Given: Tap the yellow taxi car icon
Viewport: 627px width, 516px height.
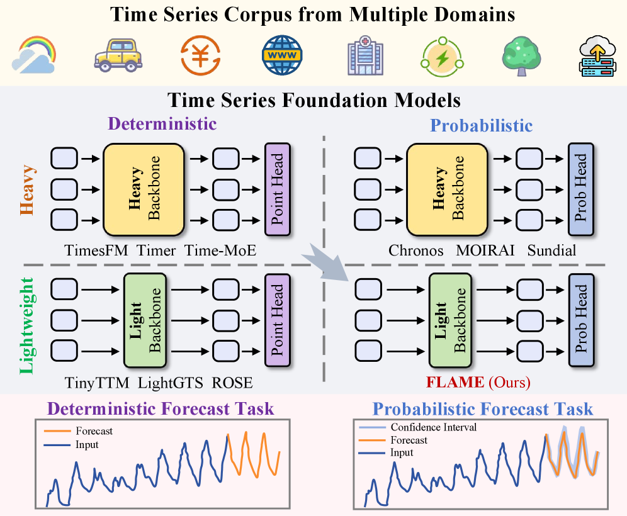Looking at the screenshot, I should (118, 55).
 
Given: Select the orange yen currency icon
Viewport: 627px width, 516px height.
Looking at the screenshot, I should (200, 55).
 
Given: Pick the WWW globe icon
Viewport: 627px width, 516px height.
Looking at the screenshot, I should (283, 55).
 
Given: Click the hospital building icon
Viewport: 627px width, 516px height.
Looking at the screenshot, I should (364, 55).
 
